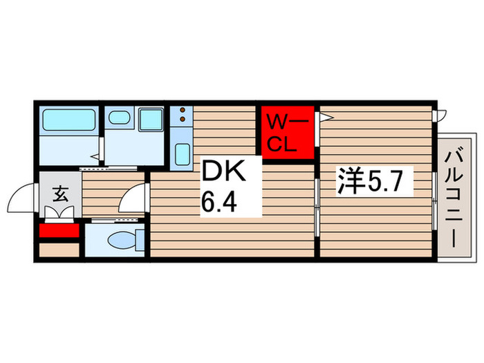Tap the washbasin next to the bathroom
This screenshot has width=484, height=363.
120,118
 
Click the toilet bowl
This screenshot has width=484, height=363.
122,241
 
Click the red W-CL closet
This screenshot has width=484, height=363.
287,133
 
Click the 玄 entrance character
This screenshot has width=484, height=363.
60,194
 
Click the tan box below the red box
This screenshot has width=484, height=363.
59,250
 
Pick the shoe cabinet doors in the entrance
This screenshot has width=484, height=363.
60,213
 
